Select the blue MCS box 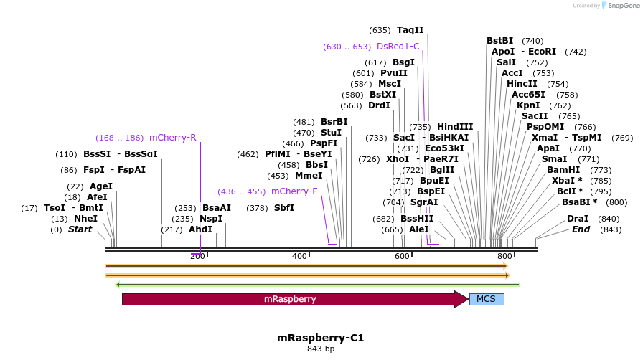point(487,299)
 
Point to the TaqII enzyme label point(410,30)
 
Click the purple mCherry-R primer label point(172,138)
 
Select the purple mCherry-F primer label point(294,191)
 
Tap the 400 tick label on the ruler point(299,256)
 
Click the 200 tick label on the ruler point(197,256)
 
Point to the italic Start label point(80,229)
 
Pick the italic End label point(581,229)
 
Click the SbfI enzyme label point(284,208)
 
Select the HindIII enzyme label point(455,127)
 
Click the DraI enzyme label point(578,219)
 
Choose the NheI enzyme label point(85,219)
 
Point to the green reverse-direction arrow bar point(317,284)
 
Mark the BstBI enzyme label point(500,41)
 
